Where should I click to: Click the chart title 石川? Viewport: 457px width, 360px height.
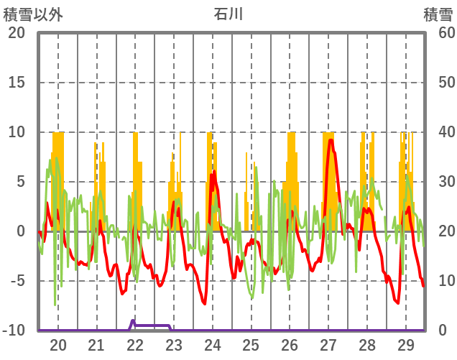228,14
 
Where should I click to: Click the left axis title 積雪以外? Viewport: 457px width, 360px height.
33,14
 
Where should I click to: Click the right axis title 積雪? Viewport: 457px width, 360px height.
437,14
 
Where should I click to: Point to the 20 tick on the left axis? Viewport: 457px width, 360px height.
17,32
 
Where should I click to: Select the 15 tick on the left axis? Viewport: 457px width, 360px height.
17,82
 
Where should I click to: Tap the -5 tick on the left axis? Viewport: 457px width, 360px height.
17,281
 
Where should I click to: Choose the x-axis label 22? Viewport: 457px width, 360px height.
135,344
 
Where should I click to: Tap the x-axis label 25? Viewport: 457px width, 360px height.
251,344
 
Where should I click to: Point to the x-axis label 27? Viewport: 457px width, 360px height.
328,344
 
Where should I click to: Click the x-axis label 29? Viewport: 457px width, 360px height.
405,344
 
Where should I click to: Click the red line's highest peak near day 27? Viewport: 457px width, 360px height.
331,140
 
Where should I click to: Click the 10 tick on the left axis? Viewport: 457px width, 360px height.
17,132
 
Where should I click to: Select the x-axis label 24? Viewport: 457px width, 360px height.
212,344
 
